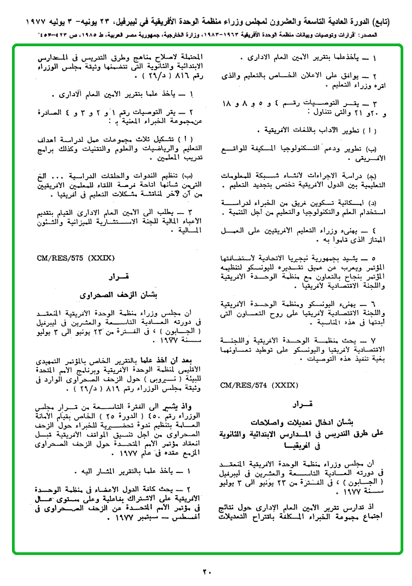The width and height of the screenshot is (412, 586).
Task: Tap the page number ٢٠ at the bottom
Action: point(207,571)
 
